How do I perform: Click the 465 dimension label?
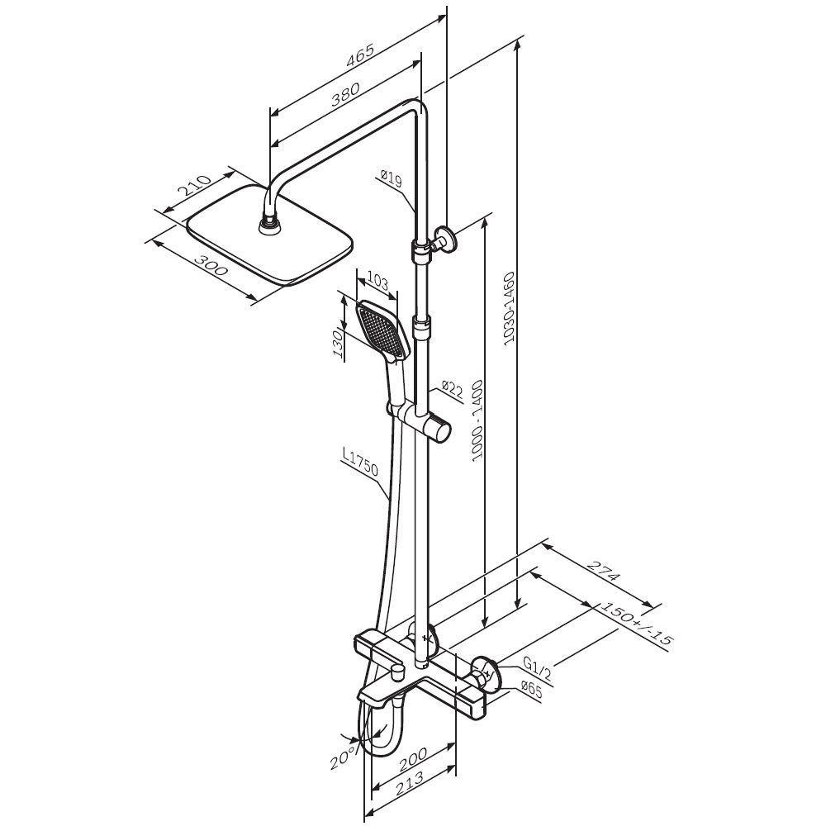(360, 55)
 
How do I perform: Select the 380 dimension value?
(346, 95)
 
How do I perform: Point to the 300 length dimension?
(211, 265)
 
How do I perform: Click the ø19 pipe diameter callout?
(392, 178)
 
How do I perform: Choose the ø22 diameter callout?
(452, 391)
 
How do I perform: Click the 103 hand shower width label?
(377, 282)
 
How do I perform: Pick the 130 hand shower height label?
(339, 345)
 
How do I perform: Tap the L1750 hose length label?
(360, 463)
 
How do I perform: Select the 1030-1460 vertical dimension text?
(509, 309)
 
